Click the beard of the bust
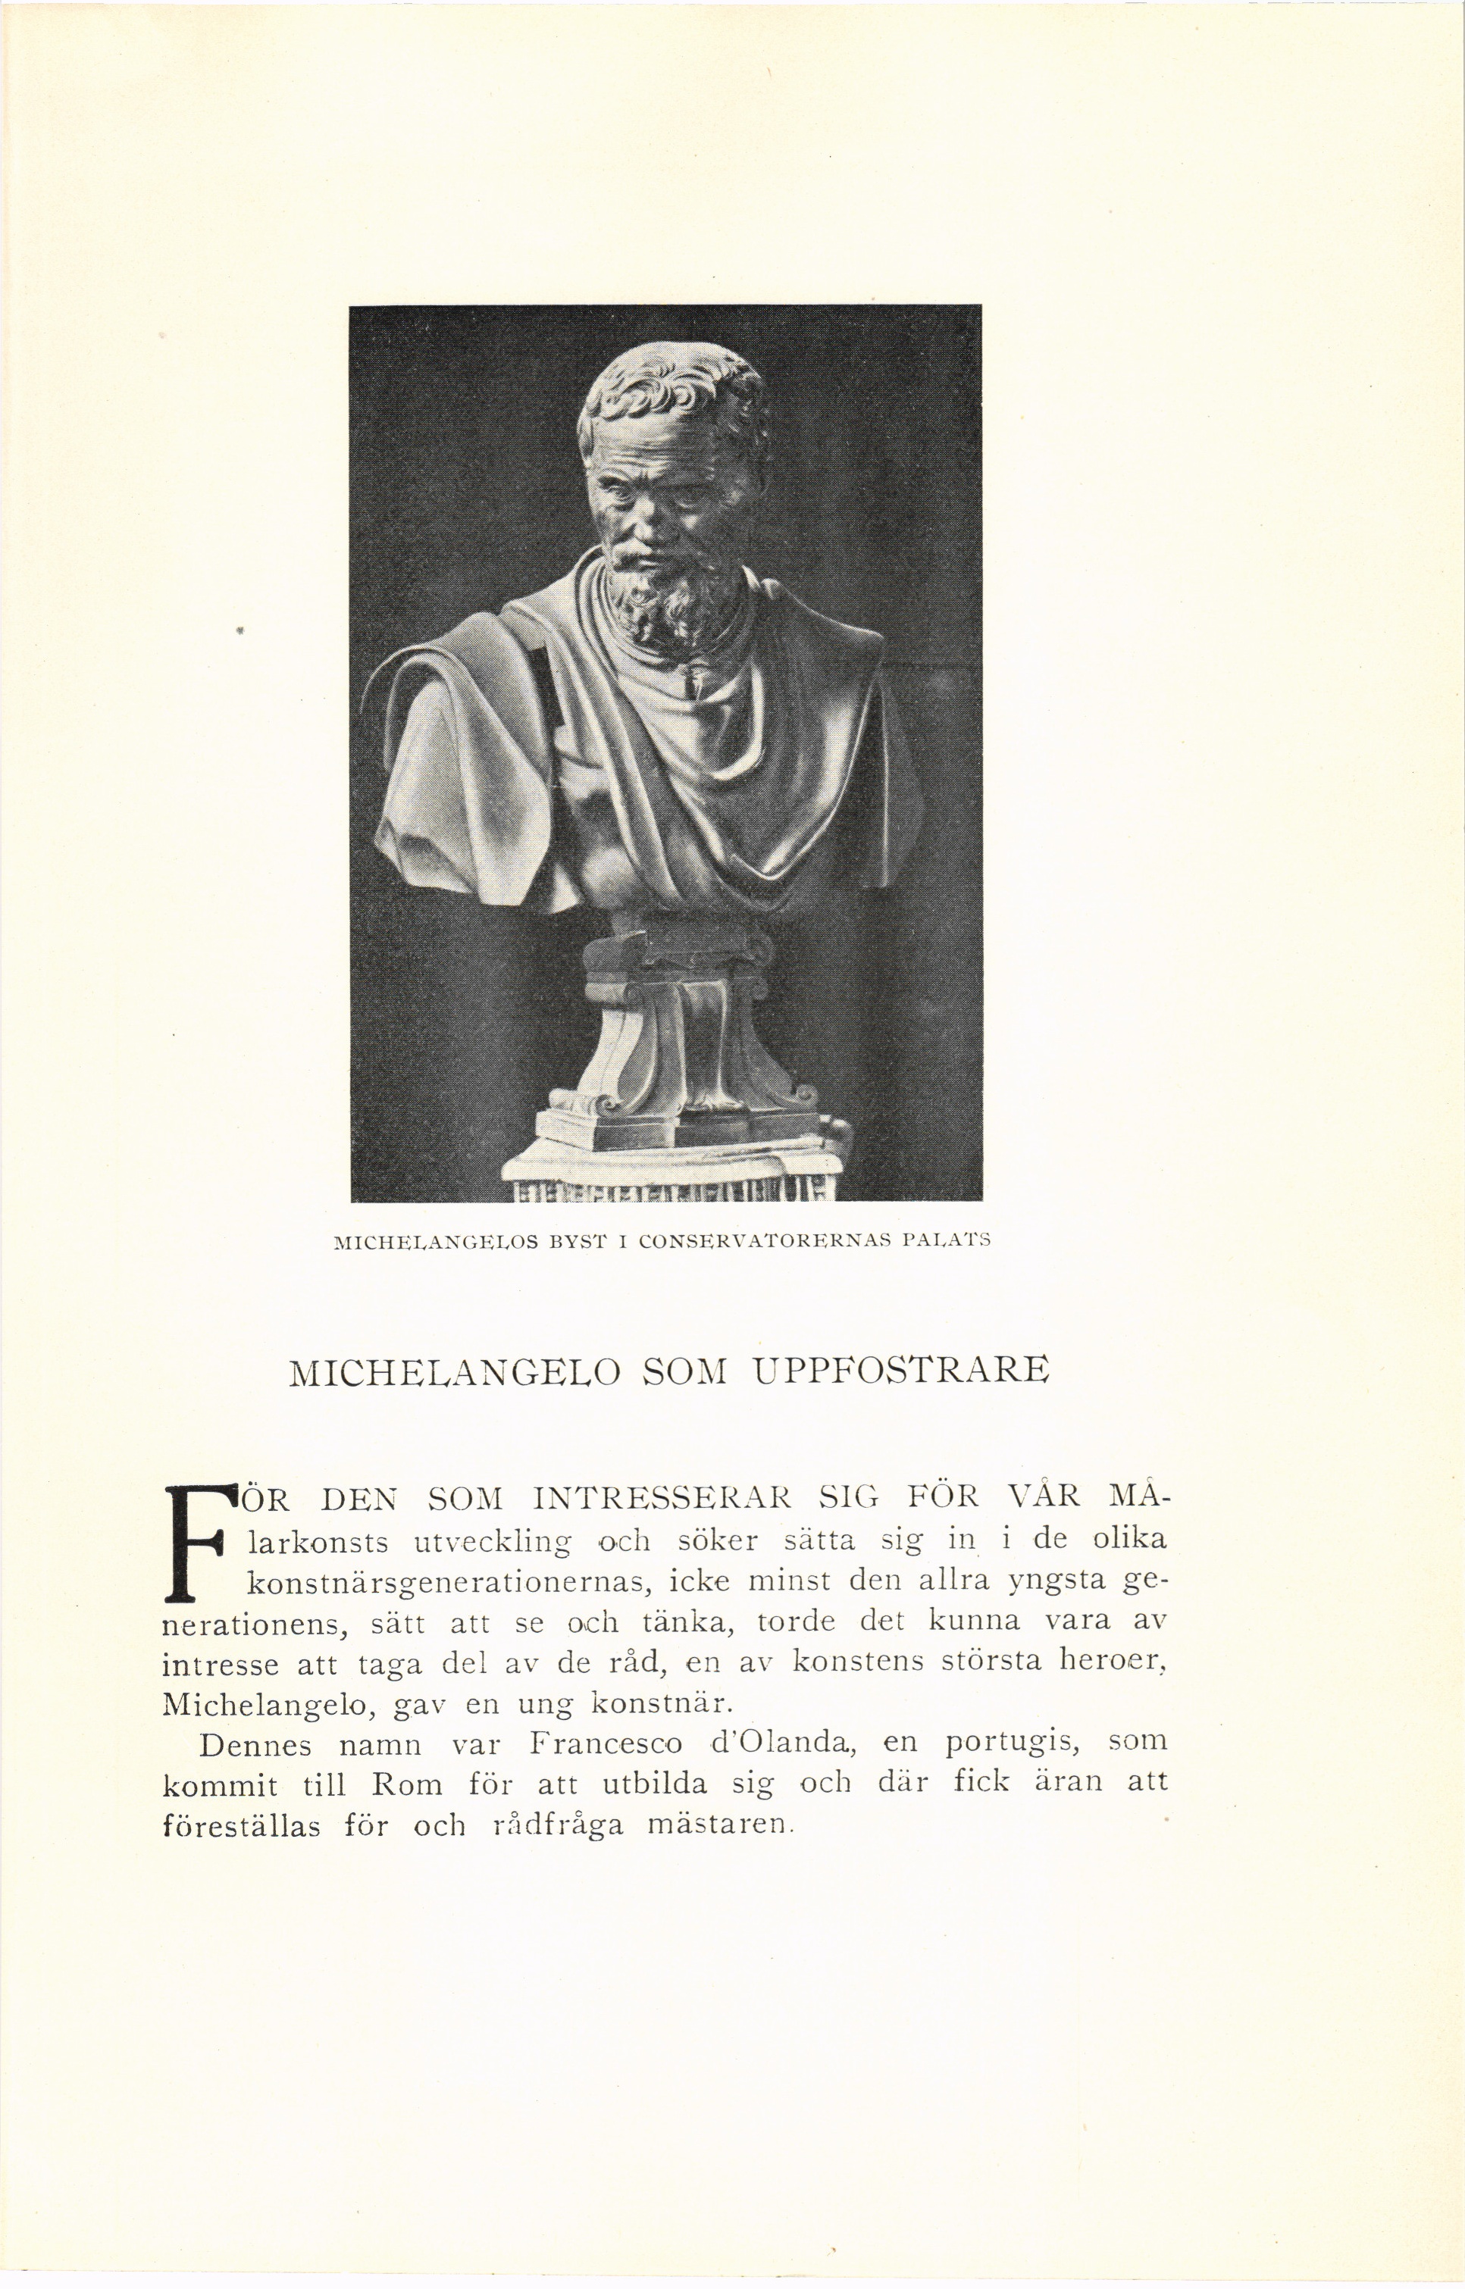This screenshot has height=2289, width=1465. pos(666,599)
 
